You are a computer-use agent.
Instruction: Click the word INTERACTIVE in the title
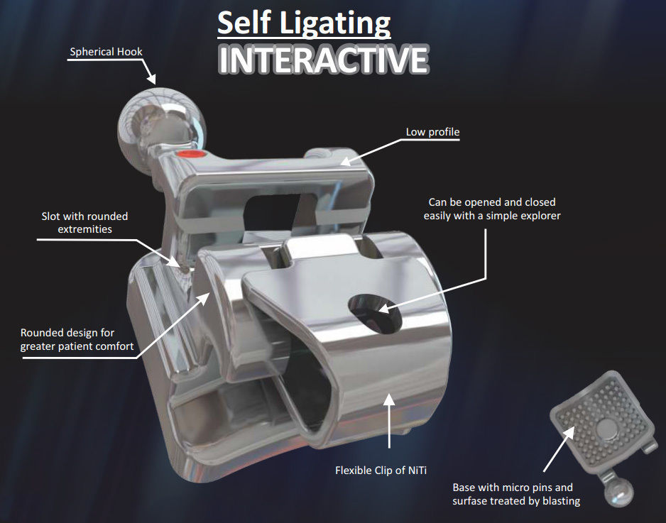[323, 59]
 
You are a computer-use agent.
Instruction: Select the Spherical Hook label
[106, 52]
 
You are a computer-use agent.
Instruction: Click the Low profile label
[432, 132]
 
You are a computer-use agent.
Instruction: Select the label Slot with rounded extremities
[84, 222]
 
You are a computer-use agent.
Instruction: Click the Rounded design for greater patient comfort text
[77, 339]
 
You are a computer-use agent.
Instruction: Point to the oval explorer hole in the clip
[375, 313]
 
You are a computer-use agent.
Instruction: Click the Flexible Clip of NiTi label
[381, 470]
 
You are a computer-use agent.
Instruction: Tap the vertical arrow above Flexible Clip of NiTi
[389, 420]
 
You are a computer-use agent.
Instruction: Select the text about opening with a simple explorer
[492, 209]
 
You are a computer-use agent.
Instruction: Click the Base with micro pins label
[516, 494]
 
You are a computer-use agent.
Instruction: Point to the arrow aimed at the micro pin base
[559, 448]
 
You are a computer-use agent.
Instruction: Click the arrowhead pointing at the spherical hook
[151, 79]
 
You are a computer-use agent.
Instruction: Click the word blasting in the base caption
[561, 501]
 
